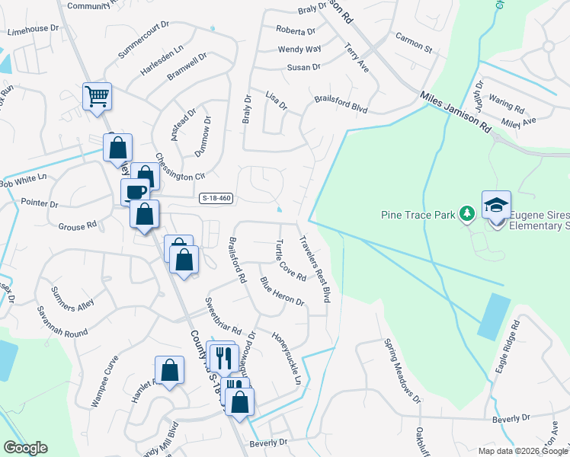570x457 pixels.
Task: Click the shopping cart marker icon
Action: point(97,96)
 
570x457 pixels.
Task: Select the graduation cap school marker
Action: point(495,204)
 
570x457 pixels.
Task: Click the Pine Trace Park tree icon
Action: point(466,215)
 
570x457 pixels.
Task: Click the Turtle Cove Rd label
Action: point(289,260)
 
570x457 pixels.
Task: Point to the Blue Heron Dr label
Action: point(282,292)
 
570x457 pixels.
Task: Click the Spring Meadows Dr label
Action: point(402,370)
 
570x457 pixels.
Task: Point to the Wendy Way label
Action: point(299,50)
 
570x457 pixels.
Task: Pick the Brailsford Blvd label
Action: point(341,106)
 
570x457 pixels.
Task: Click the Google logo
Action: point(25,448)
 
